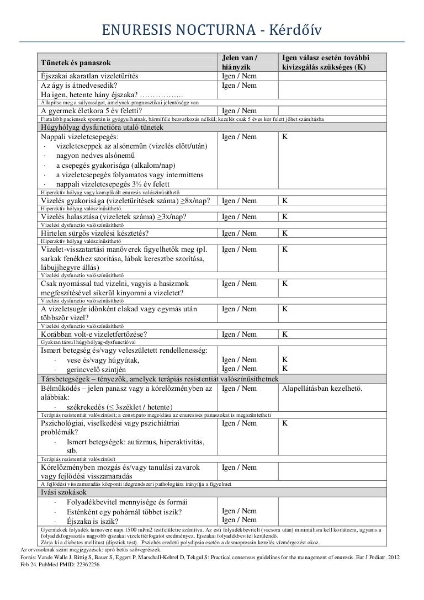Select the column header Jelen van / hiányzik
[240, 62]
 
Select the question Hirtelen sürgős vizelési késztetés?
[94, 233]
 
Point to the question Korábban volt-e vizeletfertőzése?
[94, 334]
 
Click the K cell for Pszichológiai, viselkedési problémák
[284, 423]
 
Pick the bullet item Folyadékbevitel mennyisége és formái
[127, 502]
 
